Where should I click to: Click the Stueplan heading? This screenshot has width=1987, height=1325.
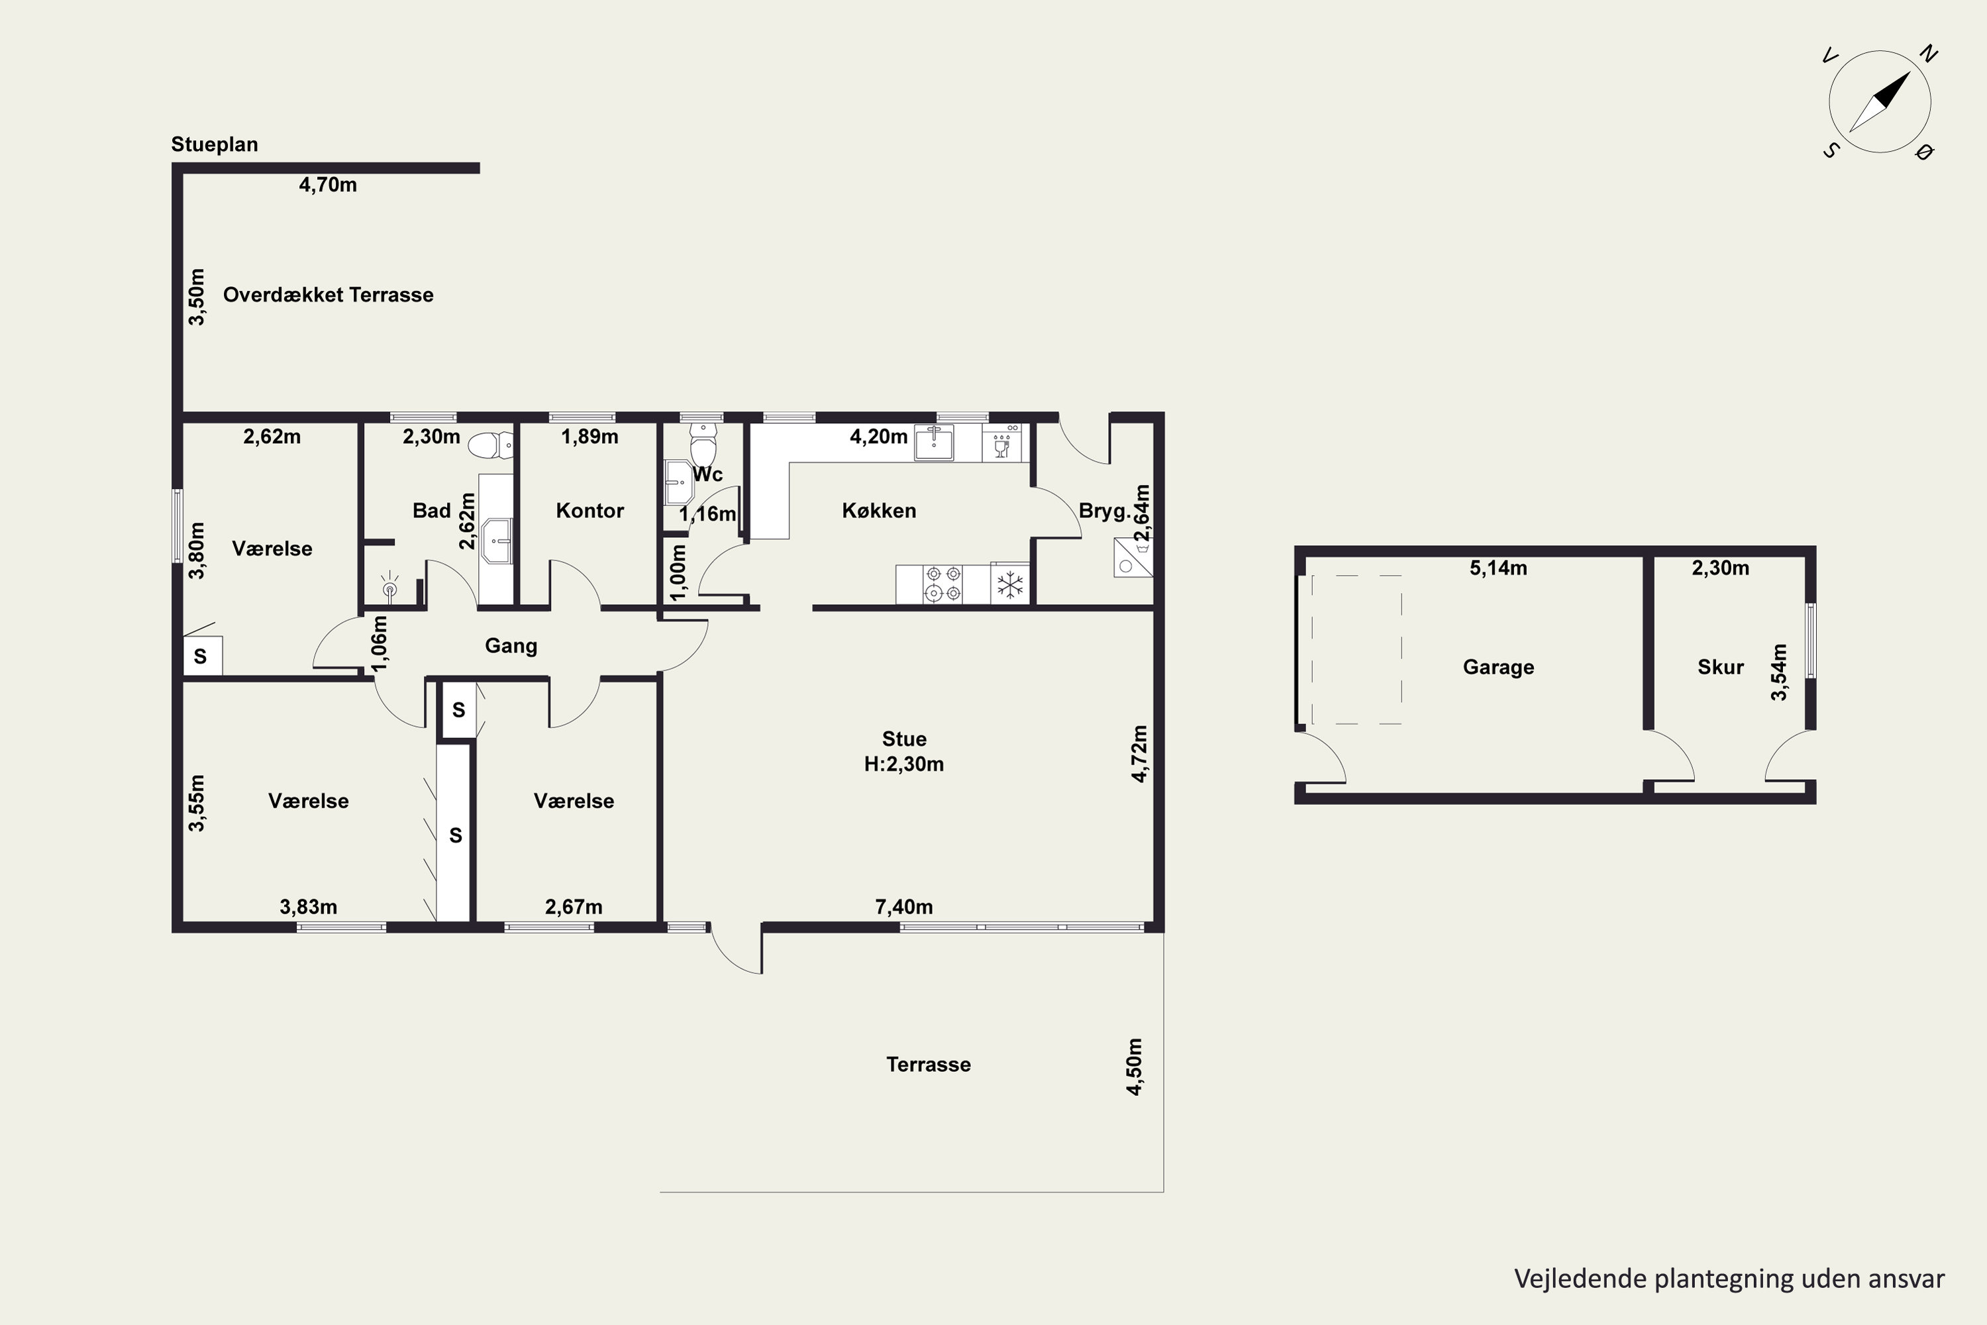(215, 144)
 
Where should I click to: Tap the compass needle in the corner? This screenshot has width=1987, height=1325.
(1880, 102)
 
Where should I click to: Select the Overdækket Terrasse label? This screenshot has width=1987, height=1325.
(328, 295)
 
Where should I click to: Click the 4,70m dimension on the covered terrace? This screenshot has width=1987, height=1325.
(328, 184)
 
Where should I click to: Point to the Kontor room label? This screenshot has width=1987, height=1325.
(589, 510)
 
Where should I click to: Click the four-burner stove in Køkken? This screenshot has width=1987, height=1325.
(943, 583)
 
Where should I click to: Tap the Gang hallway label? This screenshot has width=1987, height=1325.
(511, 645)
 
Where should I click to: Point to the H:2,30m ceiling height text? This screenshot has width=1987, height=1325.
(904, 764)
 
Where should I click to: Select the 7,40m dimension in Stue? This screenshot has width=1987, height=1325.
(904, 907)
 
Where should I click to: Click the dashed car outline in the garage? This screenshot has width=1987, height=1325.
(1356, 650)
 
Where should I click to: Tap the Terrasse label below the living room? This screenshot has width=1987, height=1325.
(929, 1065)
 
